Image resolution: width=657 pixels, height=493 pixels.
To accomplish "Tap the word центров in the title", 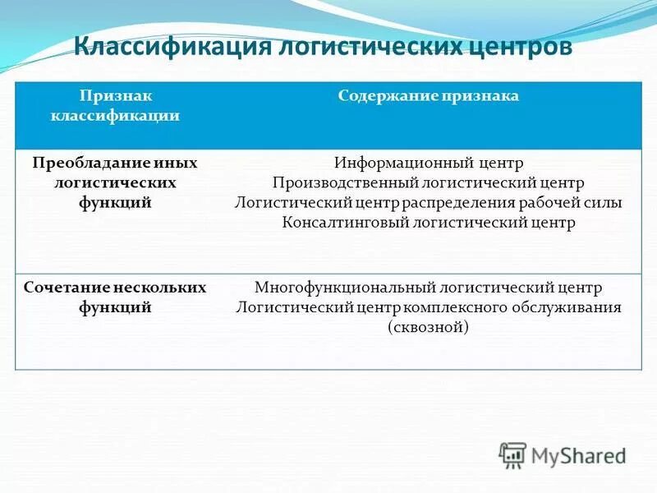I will (515, 47).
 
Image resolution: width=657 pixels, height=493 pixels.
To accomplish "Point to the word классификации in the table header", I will (116, 116).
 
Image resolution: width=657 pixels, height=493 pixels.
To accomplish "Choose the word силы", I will (604, 202).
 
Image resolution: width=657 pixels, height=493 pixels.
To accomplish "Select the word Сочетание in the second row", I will (66, 288).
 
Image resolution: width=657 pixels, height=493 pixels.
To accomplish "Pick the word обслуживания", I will (573, 307).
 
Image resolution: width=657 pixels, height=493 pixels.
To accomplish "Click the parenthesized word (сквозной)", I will (428, 327).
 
